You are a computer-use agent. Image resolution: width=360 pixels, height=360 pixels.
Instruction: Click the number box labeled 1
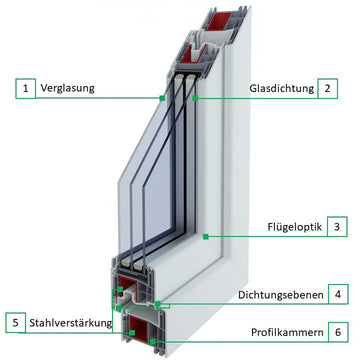coord(25,89)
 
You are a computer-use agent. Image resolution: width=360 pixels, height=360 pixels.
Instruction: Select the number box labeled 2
coord(328,89)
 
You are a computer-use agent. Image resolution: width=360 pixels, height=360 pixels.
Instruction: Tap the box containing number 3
coord(337,227)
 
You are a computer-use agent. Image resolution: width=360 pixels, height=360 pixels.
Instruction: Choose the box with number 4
coord(338,294)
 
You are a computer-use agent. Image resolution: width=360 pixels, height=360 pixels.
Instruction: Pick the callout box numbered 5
coord(15,323)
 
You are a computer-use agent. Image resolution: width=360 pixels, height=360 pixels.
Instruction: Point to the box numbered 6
coord(338,332)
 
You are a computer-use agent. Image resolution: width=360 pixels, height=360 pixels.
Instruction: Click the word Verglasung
coord(67,88)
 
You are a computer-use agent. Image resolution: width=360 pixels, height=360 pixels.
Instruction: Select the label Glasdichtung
coord(282,89)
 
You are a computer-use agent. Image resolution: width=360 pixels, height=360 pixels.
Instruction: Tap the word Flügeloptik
coord(295,227)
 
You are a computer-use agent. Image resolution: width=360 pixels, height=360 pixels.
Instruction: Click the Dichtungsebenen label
coord(281,295)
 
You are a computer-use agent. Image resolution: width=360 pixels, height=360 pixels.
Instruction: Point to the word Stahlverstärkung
coord(70,323)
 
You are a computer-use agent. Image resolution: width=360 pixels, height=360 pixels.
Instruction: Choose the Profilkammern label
coord(287,332)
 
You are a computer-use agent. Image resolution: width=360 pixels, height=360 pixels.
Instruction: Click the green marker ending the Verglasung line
coord(162,98)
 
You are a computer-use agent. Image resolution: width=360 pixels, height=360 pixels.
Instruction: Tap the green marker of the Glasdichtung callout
coord(195,98)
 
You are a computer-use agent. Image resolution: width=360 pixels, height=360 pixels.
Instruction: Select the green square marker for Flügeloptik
coord(206,237)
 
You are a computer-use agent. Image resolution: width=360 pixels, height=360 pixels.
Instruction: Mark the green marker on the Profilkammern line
coord(153,341)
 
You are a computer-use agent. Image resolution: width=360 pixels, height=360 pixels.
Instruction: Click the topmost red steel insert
coord(220,21)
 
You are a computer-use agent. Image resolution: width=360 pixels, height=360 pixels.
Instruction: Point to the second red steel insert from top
coord(194,53)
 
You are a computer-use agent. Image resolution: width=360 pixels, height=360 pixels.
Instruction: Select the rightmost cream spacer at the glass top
coord(190,79)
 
